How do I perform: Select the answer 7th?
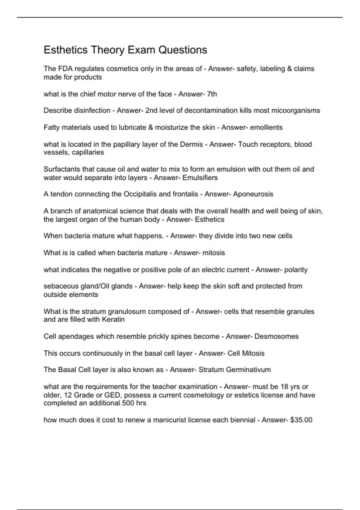[212, 94]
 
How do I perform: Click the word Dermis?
[191, 144]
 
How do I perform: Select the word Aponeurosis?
[253, 194]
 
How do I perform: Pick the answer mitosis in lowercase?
[214, 253]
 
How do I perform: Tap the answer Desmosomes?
[276, 336]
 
